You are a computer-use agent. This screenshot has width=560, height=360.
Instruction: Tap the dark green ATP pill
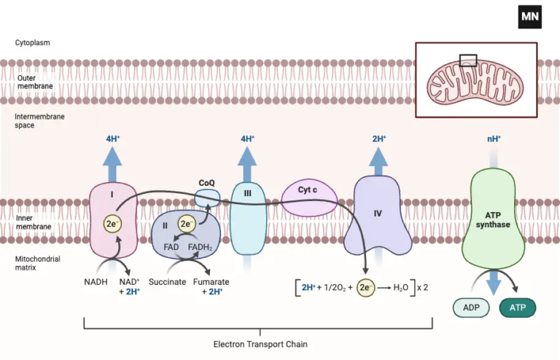coord(517,308)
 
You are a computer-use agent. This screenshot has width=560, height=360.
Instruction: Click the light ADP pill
coord(472,308)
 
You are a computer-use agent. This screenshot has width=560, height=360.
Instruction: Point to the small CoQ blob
coord(207,197)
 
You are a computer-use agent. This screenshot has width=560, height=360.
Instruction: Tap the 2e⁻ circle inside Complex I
coord(112,224)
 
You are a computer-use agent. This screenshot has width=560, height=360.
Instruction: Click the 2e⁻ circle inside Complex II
coord(187,224)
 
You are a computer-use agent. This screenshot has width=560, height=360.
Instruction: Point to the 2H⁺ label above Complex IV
coord(378,138)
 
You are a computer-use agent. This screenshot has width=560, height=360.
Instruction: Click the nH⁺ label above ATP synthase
coord(494,138)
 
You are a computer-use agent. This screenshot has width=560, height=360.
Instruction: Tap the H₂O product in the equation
coord(401,287)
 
